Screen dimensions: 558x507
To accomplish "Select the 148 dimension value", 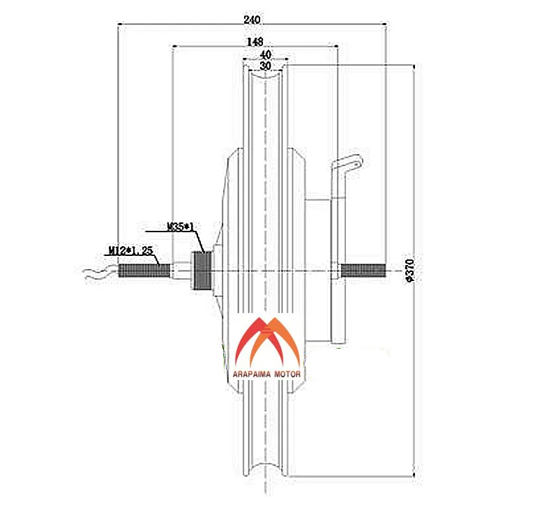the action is click(254, 43).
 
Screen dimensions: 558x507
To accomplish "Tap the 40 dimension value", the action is click(265, 54).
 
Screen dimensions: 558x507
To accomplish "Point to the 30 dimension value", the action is click(265, 66).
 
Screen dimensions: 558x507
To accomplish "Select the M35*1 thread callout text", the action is click(180, 227).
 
